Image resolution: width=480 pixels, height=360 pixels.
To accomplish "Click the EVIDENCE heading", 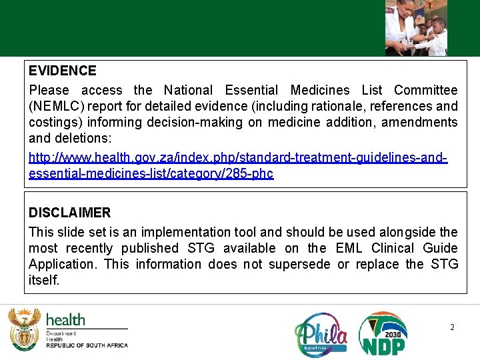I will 62,71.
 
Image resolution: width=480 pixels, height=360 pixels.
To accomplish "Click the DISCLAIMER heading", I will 69,213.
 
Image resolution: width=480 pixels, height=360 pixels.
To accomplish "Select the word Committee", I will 425,90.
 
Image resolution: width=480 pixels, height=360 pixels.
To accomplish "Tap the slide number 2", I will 452,327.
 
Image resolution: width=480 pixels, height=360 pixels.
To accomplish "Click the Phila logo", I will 321,334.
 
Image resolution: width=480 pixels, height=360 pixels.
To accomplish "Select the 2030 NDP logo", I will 383,333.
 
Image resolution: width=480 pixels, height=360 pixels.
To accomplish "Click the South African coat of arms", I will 23,329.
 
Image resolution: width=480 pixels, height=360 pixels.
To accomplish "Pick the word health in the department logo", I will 65,320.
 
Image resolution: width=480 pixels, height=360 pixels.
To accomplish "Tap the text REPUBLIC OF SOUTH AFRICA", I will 87,345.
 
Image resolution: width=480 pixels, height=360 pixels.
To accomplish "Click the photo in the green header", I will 416,27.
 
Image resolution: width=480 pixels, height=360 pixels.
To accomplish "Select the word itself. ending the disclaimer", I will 44,280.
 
